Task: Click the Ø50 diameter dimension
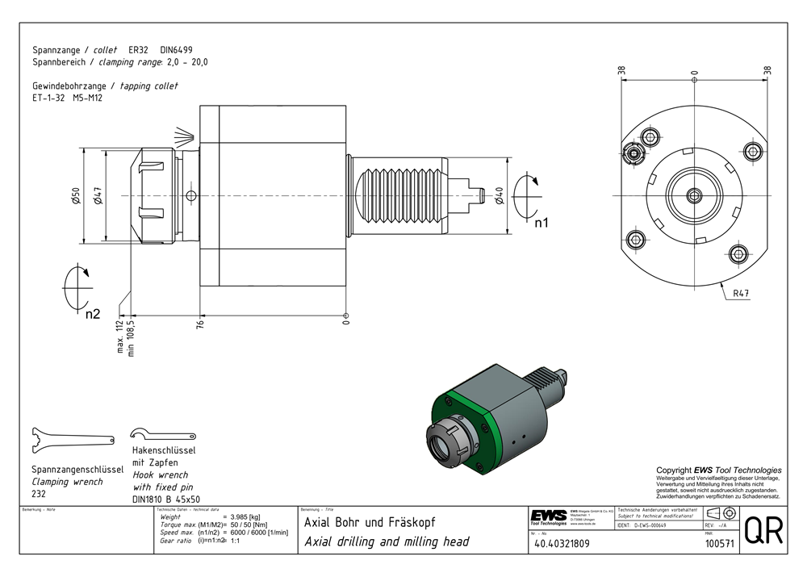click(x=75, y=195)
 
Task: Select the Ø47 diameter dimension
click(x=97, y=195)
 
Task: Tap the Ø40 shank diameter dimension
click(x=500, y=195)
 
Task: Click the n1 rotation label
click(x=541, y=223)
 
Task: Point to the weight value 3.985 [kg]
click(x=245, y=516)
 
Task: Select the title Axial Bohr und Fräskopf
click(x=370, y=522)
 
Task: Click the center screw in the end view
click(x=695, y=194)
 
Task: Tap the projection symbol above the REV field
click(x=720, y=513)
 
